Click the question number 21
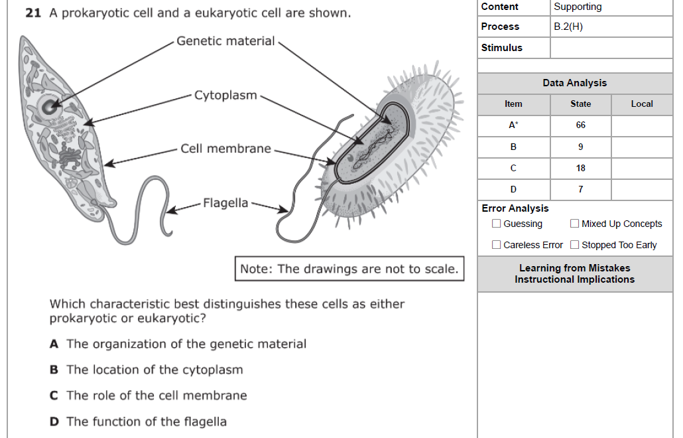click(33, 13)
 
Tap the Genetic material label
click(225, 41)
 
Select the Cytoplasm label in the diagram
click(225, 96)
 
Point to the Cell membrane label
click(225, 149)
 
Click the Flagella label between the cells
click(225, 203)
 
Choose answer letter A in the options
click(54, 344)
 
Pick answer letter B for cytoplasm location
click(54, 370)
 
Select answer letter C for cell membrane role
click(54, 396)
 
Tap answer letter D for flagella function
click(54, 422)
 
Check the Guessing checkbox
click(496, 224)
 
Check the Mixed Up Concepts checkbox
click(574, 224)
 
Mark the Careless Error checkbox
click(496, 245)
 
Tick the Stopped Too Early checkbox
click(574, 245)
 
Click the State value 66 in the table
click(581, 125)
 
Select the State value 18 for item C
click(581, 168)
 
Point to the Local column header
click(642, 104)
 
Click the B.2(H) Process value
click(568, 27)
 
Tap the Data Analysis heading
click(574, 83)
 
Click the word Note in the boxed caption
click(255, 269)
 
